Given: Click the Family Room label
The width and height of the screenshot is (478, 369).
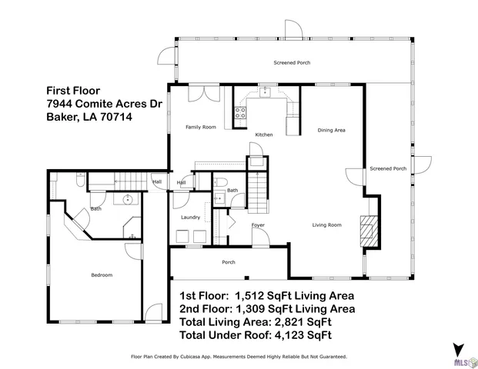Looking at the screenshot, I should tap(200, 127).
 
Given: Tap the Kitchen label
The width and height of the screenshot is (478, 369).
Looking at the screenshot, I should tap(264, 135).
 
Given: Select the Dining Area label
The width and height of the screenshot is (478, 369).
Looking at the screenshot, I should tap(332, 131).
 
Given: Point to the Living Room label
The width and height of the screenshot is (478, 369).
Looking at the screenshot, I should tap(326, 225).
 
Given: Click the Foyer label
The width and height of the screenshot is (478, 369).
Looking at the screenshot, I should tap(258, 225).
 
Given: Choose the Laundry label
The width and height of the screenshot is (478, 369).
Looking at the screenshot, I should tap(190, 218).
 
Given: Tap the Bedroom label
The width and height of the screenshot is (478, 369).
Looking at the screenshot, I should tap(102, 275).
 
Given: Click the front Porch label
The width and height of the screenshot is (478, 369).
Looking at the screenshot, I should tap(229, 263).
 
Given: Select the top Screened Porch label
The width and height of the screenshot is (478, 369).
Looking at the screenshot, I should tap(292, 62).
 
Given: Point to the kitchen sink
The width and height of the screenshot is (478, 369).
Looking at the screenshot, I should tap(266, 93).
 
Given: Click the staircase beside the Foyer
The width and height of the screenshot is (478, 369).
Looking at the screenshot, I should tap(257, 196).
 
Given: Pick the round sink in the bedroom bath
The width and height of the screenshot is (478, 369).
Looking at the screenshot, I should tap(128, 200).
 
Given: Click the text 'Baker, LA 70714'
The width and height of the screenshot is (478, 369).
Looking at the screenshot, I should tap(86, 118).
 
